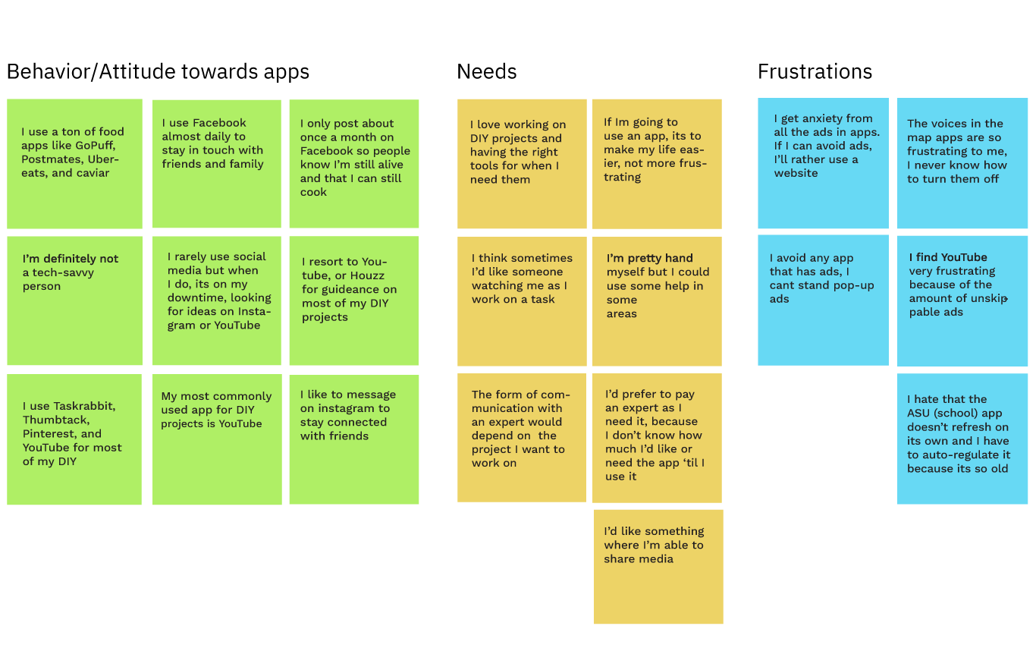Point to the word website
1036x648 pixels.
click(x=796, y=173)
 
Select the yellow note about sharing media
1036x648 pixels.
click(x=658, y=567)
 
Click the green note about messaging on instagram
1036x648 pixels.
click(x=353, y=439)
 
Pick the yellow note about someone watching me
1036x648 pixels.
click(x=522, y=301)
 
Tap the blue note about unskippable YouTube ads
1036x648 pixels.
click(x=962, y=300)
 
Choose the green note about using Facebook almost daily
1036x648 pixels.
click(x=216, y=163)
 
